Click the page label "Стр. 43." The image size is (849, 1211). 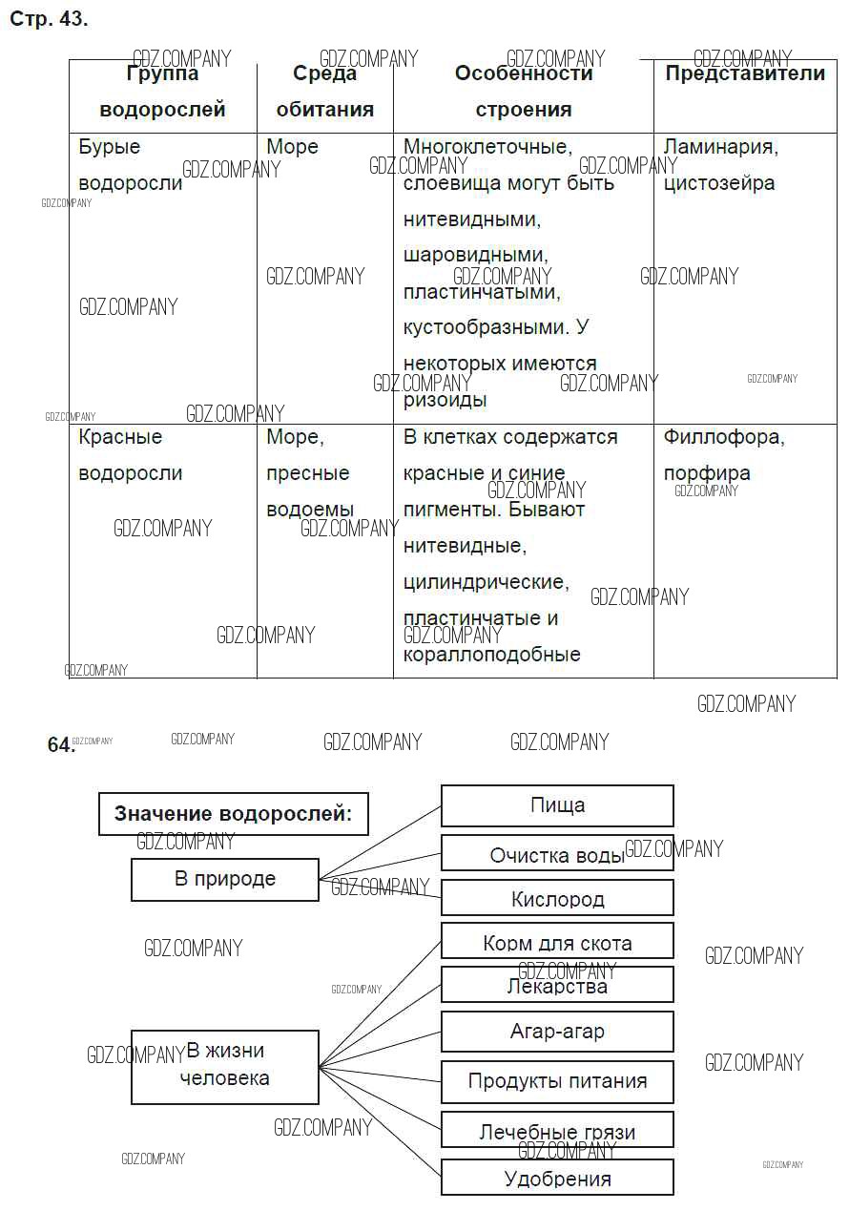49,19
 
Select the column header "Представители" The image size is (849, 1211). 744,74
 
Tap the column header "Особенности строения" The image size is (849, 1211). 523,92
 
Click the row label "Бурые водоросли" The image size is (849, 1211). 130,165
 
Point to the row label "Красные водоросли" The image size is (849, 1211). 130,455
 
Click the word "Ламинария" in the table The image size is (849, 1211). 720,147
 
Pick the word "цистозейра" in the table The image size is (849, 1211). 719,183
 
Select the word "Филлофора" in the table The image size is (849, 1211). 723,437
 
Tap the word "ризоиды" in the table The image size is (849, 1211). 445,400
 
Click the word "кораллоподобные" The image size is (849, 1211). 491,655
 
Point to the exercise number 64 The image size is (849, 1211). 59,745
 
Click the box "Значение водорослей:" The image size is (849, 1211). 233,814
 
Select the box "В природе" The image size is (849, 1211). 224,879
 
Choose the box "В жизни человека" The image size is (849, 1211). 224,1066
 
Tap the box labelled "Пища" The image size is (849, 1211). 557,805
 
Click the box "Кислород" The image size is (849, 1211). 557,898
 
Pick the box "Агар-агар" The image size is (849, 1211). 557,1032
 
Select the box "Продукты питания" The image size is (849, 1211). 557,1081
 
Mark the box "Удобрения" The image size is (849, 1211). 557,1179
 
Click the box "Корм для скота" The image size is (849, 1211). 557,943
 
